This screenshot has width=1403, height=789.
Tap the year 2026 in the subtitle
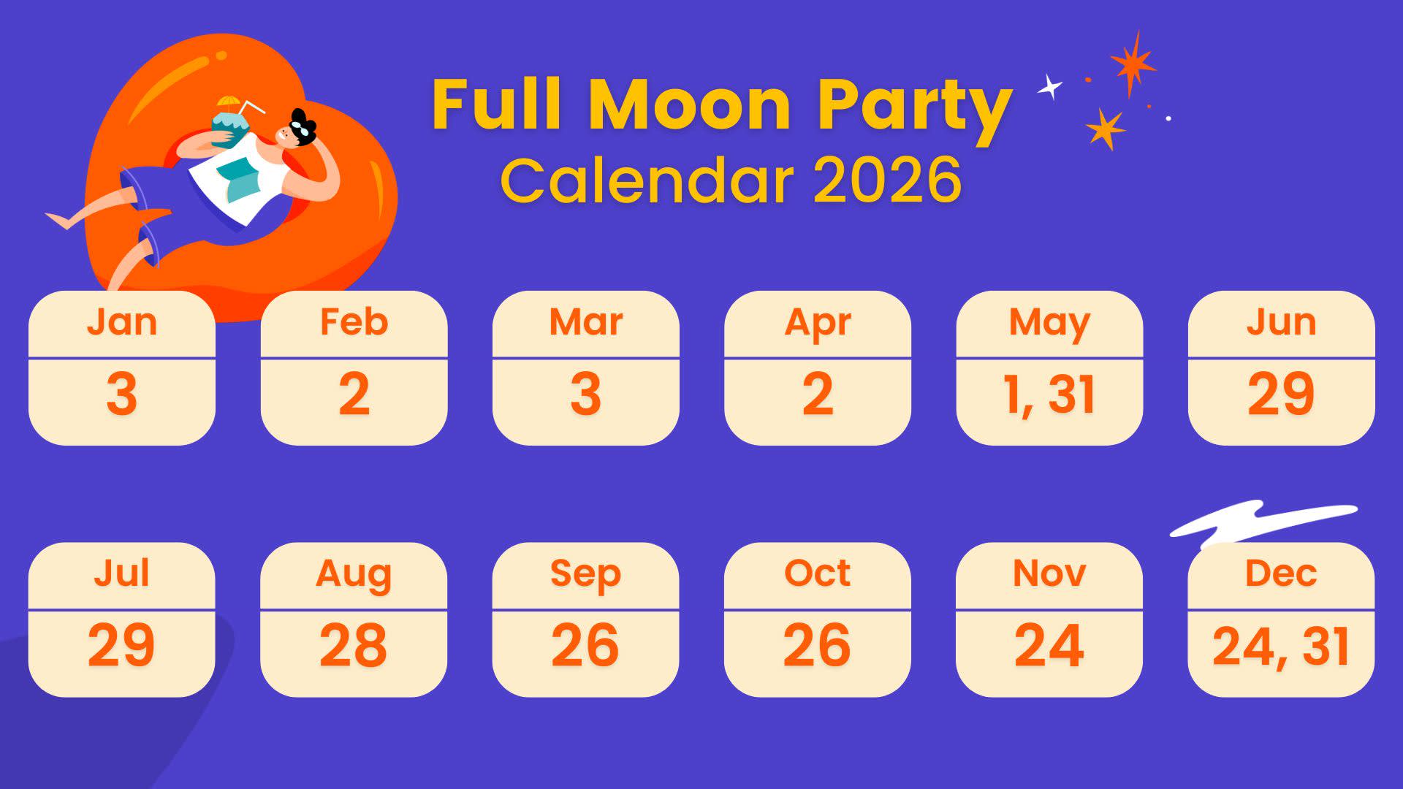pyautogui.click(x=887, y=180)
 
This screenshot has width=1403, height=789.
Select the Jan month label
pyautogui.click(x=122, y=321)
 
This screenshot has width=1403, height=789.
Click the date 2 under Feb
pyautogui.click(x=354, y=394)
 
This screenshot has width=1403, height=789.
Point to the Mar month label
pyautogui.click(x=586, y=321)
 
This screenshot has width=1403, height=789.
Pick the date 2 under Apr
pyautogui.click(x=818, y=394)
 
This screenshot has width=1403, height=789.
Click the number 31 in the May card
pyautogui.click(x=1072, y=394)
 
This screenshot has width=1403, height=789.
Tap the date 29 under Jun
pyautogui.click(x=1281, y=394)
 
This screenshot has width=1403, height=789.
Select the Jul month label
pyautogui.click(x=121, y=573)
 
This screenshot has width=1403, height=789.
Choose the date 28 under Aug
pyautogui.click(x=353, y=645)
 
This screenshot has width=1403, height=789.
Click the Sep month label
pyautogui.click(x=585, y=574)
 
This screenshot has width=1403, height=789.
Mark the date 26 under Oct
pyautogui.click(x=817, y=645)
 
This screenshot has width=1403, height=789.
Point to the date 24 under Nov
pyautogui.click(x=1049, y=645)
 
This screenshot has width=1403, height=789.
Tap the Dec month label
pyautogui.click(x=1281, y=573)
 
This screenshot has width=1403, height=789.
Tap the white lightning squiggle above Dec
pyautogui.click(x=1263, y=522)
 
